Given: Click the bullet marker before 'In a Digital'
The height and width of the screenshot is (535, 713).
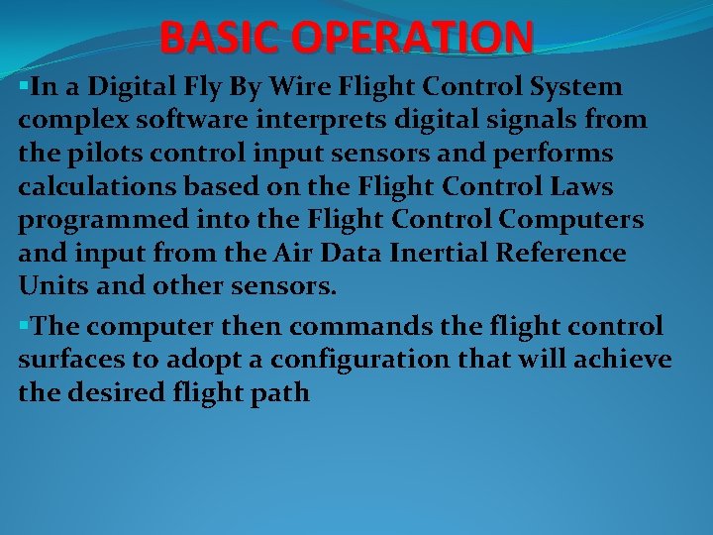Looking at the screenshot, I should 23,85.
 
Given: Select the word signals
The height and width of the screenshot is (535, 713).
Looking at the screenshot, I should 532,121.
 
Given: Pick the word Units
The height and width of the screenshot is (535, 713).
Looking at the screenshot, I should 49,287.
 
